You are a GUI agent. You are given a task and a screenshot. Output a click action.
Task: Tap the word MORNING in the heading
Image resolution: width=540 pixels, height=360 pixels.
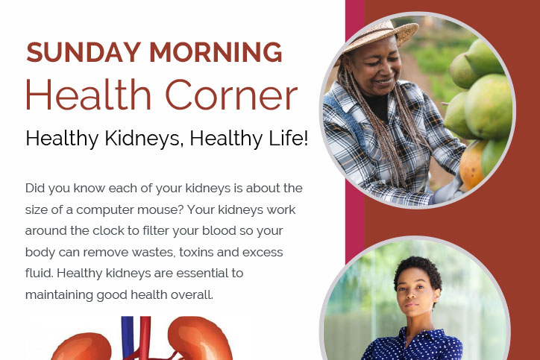pos(216,52)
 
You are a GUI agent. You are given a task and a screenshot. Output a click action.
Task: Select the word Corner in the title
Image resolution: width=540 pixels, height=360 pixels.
pos(231,95)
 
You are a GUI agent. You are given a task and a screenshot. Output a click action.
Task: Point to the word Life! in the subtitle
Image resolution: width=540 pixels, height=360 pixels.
pos(288,138)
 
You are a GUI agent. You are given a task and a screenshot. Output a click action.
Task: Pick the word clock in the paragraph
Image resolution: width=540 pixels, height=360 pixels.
pos(108,230)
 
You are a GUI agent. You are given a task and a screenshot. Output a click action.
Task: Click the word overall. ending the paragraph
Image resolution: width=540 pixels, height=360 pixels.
pos(192,294)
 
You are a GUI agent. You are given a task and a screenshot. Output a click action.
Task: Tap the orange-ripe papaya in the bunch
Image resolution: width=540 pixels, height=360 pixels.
pos(471,165)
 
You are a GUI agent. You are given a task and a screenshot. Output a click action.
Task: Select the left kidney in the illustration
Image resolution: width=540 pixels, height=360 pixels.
pos(82,347)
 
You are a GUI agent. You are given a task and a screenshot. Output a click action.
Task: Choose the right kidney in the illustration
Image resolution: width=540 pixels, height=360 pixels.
pos(200,339)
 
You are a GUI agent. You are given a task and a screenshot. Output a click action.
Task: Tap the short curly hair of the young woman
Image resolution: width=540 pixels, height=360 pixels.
pos(418,271)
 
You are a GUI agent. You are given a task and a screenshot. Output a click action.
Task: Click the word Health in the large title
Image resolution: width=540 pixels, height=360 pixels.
pos(89,95)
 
